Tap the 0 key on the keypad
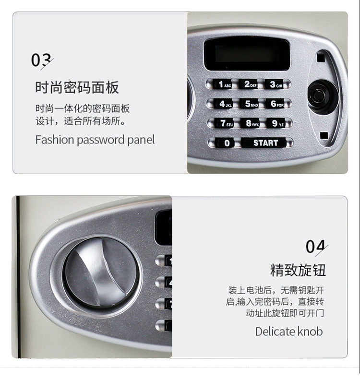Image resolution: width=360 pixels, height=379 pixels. (x=226, y=143)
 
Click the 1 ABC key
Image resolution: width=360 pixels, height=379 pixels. (x=223, y=84)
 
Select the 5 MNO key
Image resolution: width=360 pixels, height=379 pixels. (x=250, y=104)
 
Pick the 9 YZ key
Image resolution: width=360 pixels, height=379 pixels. (x=276, y=123)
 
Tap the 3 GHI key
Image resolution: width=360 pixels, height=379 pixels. (x=274, y=84)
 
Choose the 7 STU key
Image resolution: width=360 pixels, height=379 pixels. (x=225, y=123)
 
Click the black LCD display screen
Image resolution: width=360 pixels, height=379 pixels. (x=247, y=54)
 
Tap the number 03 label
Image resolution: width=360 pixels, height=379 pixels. (x=42, y=60)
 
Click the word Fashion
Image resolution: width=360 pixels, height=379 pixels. (x=55, y=140)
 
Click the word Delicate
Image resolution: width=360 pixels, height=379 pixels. (x=275, y=332)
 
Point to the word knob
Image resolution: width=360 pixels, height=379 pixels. (x=310, y=332)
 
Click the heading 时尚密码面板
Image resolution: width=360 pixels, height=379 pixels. (x=77, y=87)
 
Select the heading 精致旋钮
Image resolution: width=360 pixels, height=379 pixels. (x=298, y=270)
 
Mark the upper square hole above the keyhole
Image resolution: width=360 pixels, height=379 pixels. (x=321, y=58)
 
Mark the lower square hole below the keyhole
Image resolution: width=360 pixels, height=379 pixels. (x=324, y=135)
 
